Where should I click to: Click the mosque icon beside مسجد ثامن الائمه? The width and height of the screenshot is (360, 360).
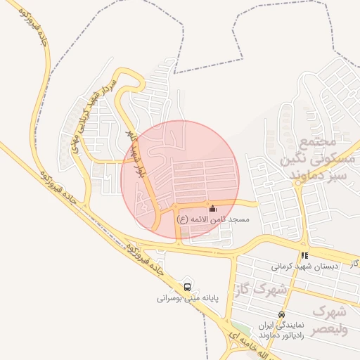pyautogui.click(x=212, y=209)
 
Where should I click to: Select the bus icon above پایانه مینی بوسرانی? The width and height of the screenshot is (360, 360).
pyautogui.click(x=187, y=287)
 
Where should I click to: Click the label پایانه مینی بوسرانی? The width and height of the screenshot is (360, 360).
pyautogui.click(x=188, y=298)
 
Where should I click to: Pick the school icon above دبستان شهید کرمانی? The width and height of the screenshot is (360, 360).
pyautogui.click(x=304, y=256)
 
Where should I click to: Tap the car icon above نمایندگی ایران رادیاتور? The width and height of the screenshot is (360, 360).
pyautogui.click(x=282, y=315)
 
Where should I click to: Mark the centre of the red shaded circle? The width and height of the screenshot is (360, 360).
pyautogui.click(x=181, y=179)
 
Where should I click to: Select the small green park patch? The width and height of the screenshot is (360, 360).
pyautogui.click(x=240, y=328)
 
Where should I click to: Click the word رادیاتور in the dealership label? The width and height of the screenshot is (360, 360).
pyautogui.click(x=295, y=335)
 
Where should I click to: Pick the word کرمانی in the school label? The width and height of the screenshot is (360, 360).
pyautogui.click(x=286, y=267)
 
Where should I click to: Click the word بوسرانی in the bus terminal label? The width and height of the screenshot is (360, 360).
pyautogui.click(x=172, y=298)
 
